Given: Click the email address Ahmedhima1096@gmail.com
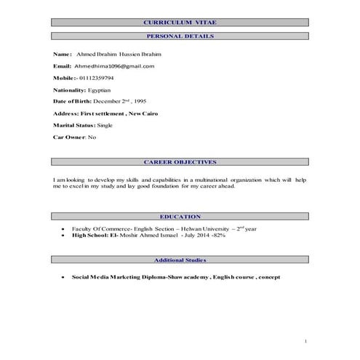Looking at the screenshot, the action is [115, 65].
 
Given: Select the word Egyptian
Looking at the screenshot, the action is [100, 89].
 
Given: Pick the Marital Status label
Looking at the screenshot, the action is [75, 125].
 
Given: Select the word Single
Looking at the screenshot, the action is [107, 125].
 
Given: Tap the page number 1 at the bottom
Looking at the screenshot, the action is [306, 340].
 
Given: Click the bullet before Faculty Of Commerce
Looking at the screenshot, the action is [65, 229].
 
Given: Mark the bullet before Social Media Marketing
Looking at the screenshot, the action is [65, 277].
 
